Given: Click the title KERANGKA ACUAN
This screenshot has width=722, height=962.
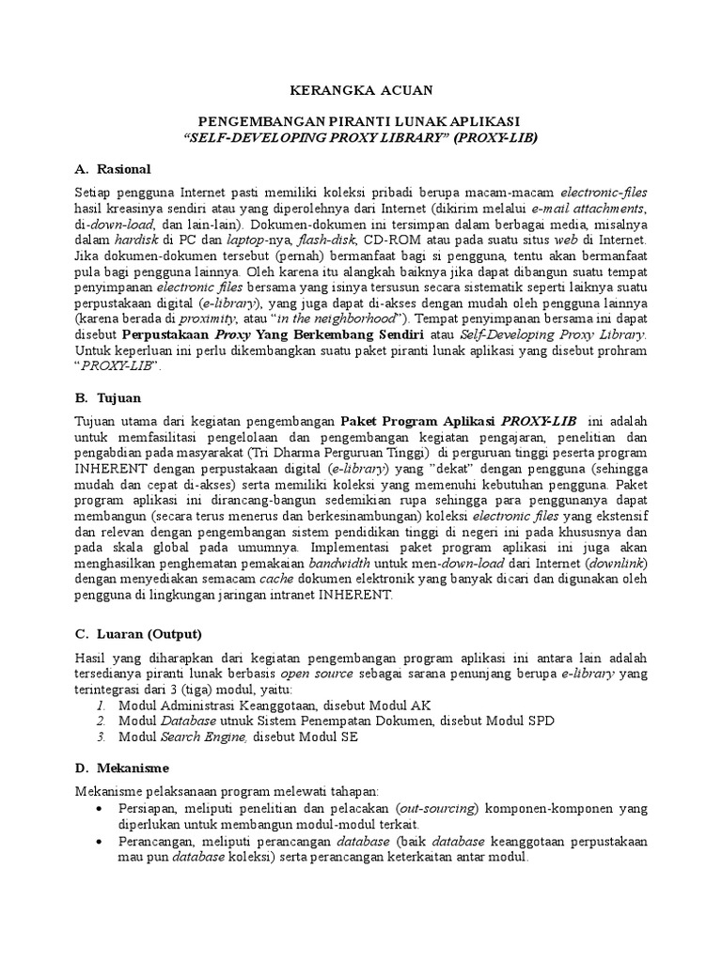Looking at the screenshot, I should tap(360, 90).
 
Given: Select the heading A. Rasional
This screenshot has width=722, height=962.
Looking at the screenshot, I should tap(112, 169).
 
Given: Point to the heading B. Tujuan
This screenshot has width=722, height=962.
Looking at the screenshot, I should tap(108, 398).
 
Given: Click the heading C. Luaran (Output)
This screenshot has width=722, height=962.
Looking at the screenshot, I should tap(137, 633).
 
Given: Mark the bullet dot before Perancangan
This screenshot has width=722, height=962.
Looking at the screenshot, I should tap(101, 842).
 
